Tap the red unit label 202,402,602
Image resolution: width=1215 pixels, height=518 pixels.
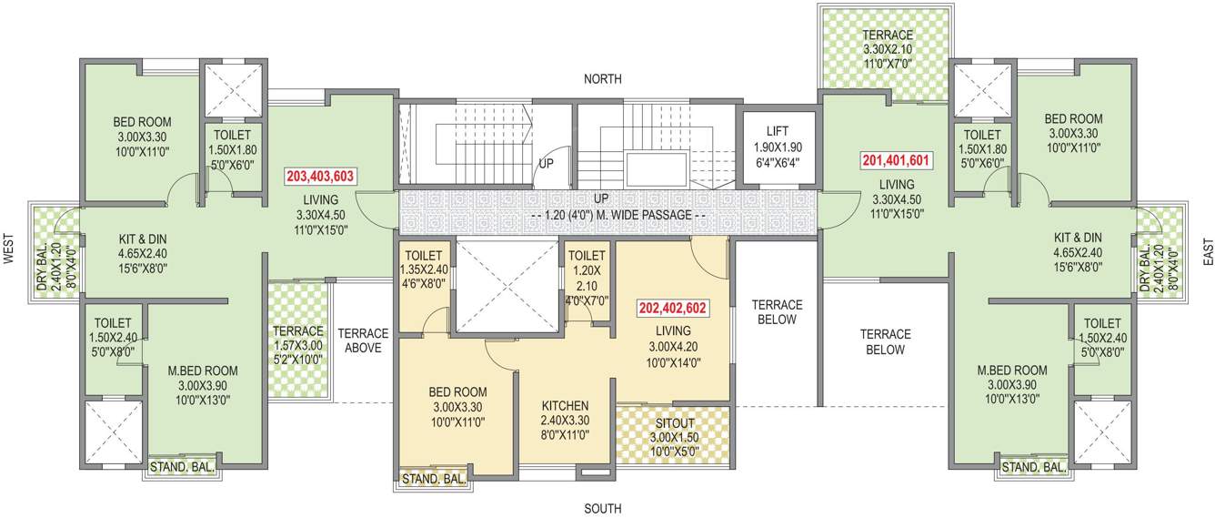pyautogui.click(x=673, y=308)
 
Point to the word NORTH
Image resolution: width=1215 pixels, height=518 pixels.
pyautogui.click(x=603, y=79)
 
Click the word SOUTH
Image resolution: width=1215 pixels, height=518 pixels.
pyautogui.click(x=603, y=508)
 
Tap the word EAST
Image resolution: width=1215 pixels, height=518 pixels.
pyautogui.click(x=1207, y=251)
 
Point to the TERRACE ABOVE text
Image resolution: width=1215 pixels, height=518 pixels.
pyautogui.click(x=363, y=340)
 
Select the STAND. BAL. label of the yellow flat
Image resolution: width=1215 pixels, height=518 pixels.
pyautogui.click(x=434, y=479)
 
